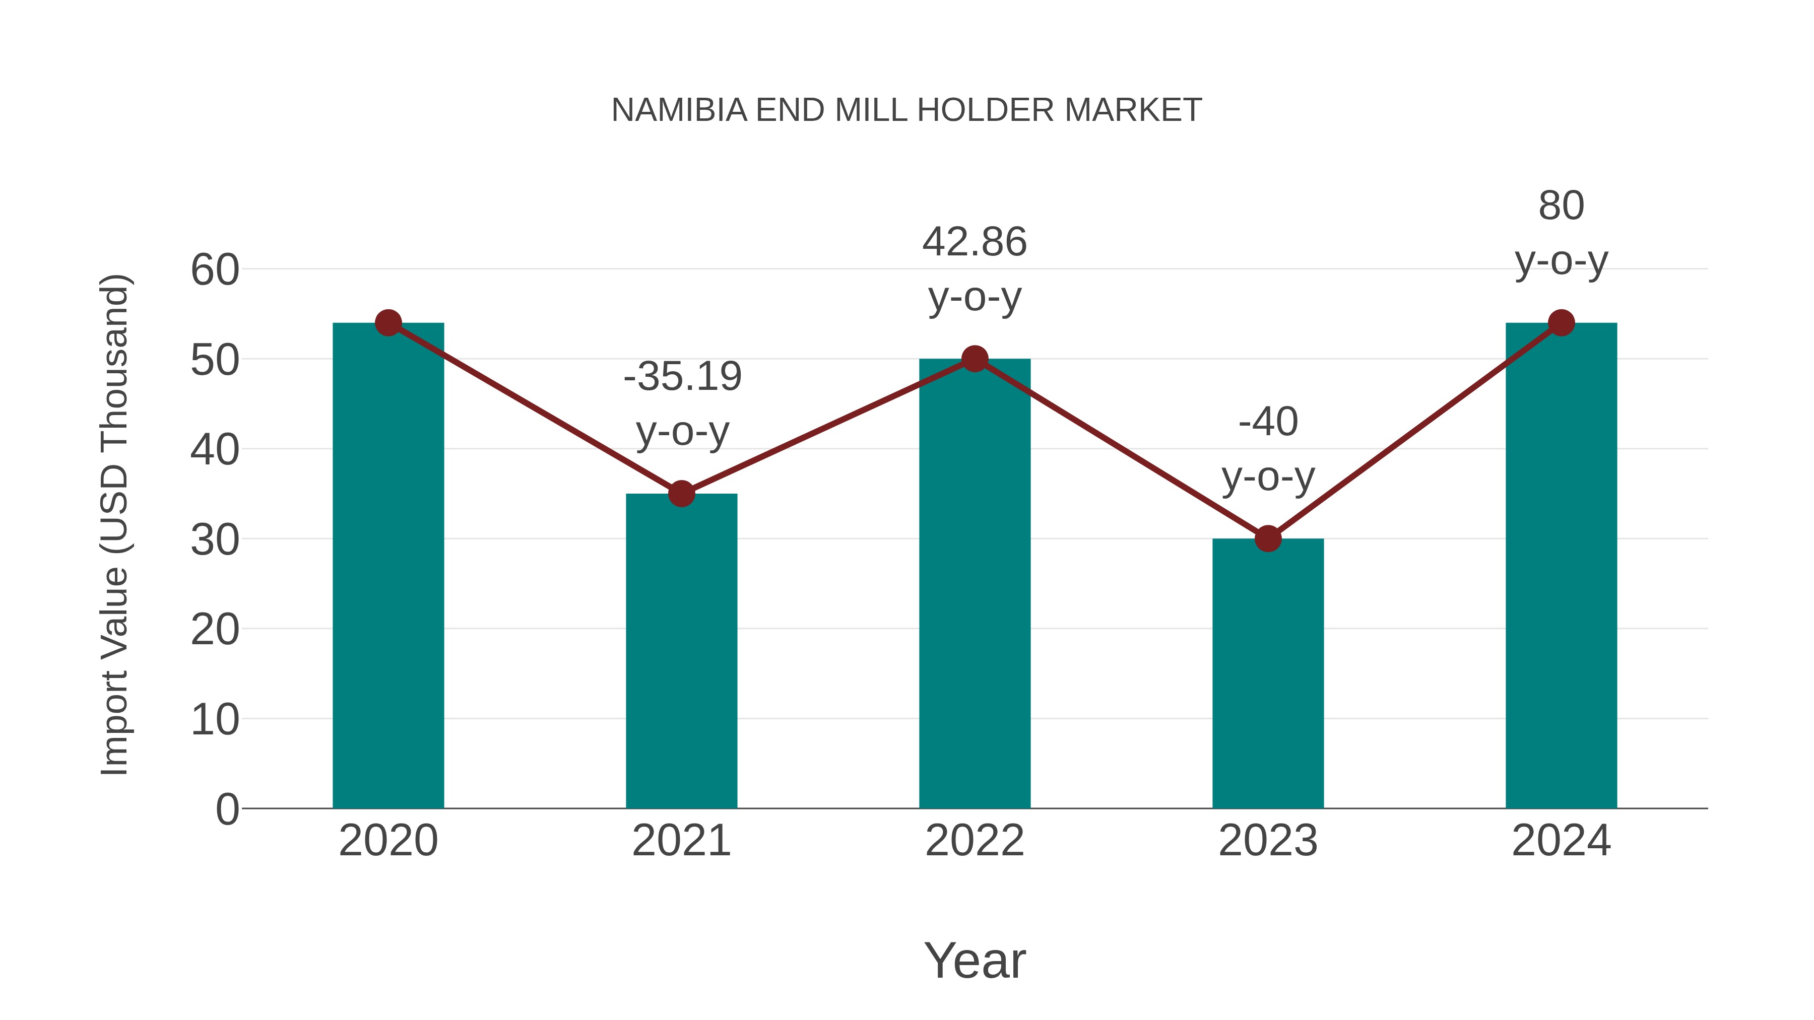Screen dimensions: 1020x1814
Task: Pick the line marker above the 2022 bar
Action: pos(975,359)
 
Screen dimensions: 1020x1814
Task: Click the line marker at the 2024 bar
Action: pos(1561,323)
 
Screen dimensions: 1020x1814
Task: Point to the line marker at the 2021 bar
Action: pos(681,494)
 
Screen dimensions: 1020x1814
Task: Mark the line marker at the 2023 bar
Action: pos(1268,538)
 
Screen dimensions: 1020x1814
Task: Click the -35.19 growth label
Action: pos(682,377)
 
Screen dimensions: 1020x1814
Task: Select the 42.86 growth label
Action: pos(975,242)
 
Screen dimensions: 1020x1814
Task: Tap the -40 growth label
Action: pos(1268,423)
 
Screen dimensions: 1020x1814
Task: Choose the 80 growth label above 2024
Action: pos(1561,206)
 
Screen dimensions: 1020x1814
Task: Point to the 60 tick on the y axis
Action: pos(215,270)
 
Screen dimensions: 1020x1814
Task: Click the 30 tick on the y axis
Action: pos(215,540)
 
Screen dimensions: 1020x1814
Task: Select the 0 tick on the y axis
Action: pos(227,809)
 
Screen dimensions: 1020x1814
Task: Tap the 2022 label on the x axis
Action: pos(975,841)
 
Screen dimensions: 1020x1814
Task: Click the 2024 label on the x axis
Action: pos(1561,841)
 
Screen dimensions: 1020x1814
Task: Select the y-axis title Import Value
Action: pos(114,524)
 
